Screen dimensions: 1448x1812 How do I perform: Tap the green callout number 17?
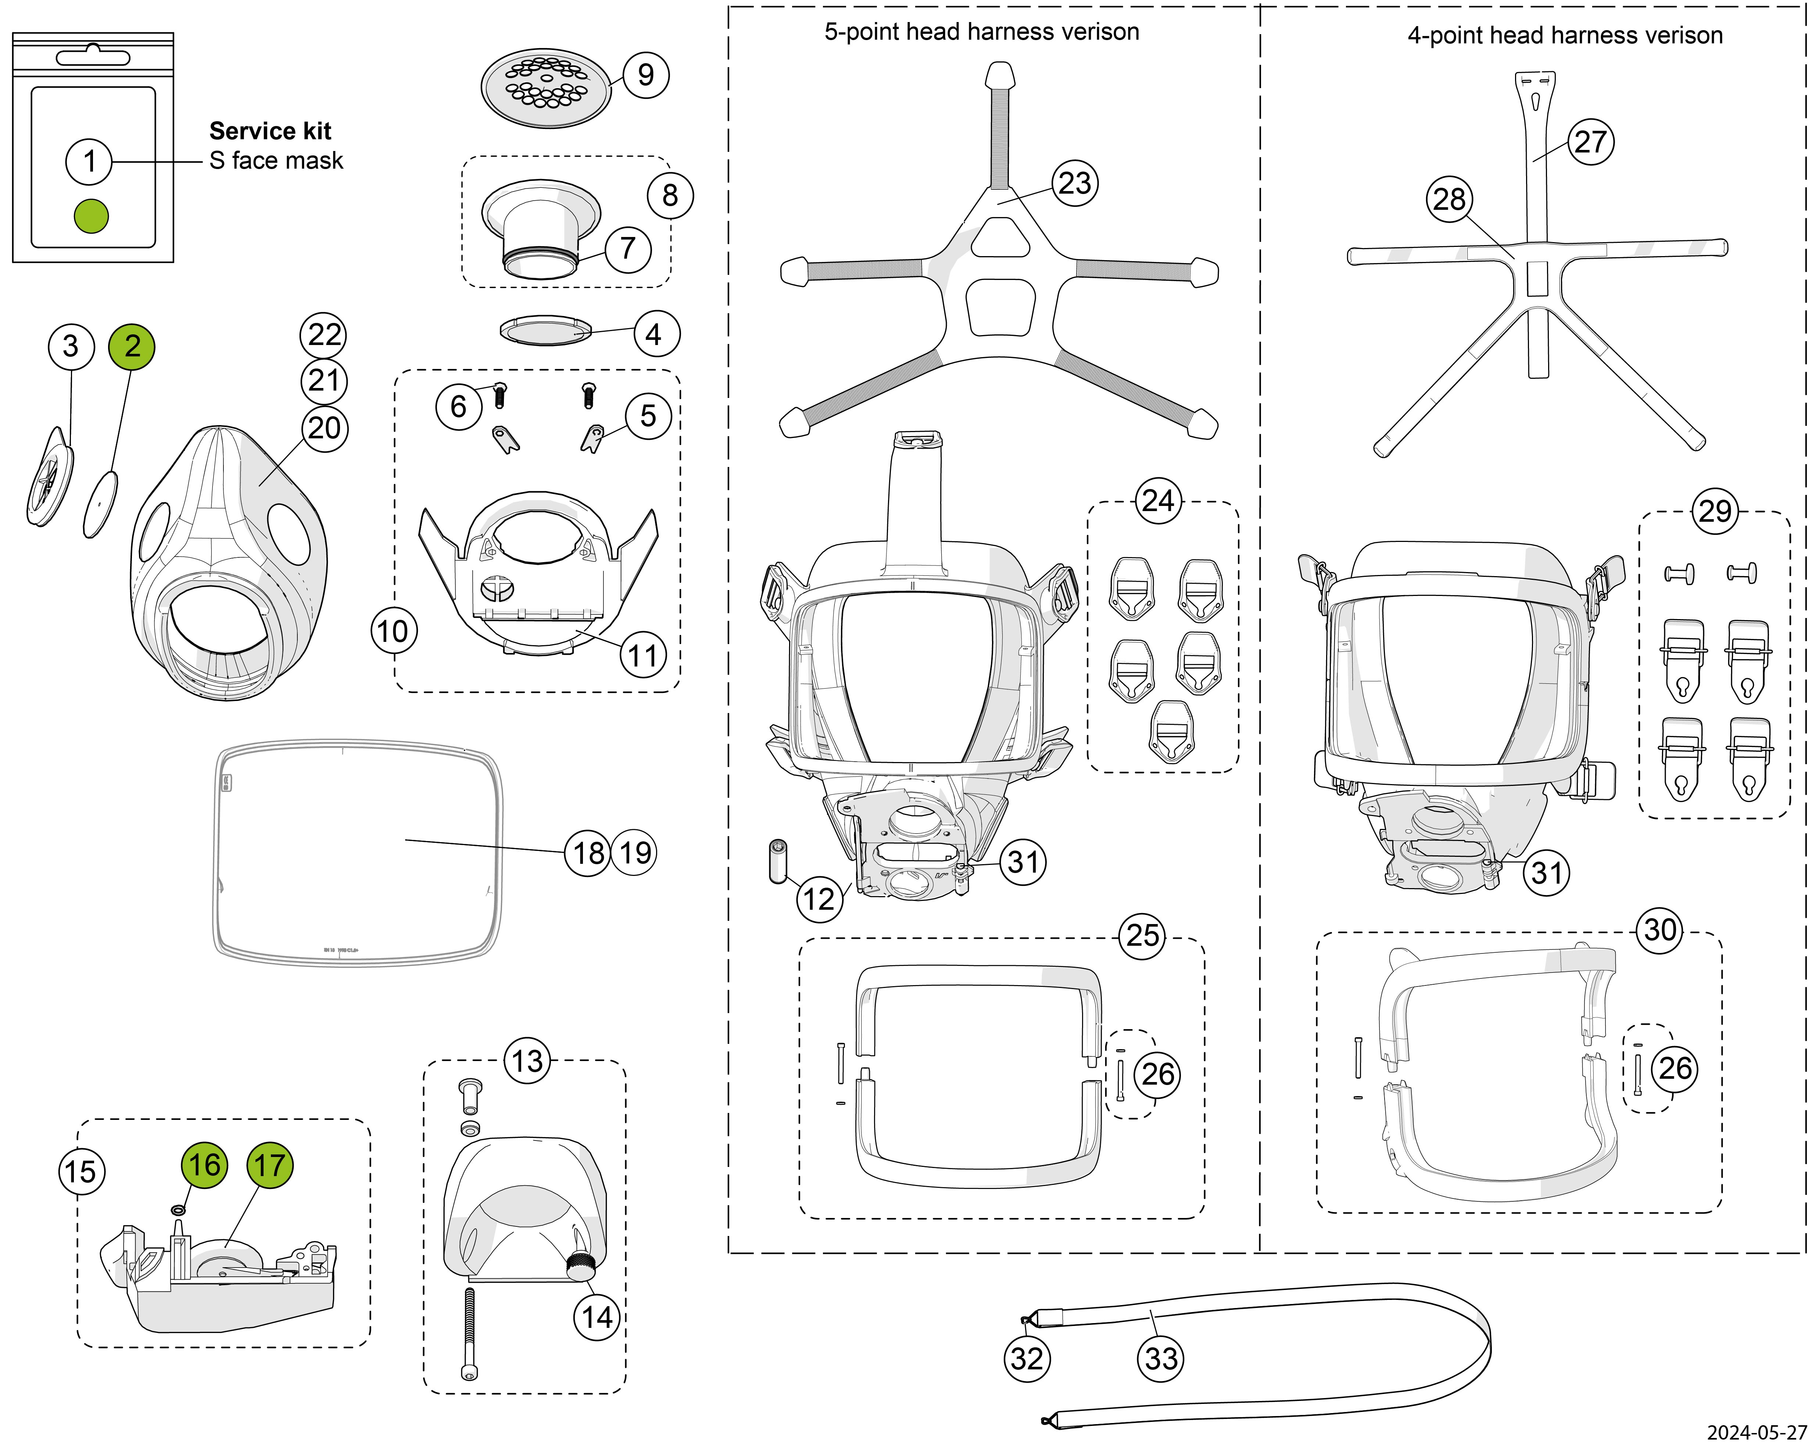[270, 1165]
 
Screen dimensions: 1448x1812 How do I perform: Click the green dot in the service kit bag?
[92, 216]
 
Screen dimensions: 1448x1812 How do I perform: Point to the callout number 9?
[645, 75]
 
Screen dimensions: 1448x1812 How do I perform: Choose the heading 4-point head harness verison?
[1565, 35]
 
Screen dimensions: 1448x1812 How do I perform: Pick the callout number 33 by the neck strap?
[1161, 1359]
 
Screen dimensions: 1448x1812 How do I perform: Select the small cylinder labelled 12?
[777, 860]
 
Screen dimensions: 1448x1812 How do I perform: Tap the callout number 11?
[643, 655]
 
